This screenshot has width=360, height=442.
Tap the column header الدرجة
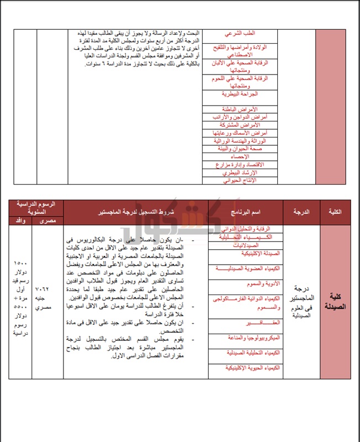pyautogui.click(x=299, y=212)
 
